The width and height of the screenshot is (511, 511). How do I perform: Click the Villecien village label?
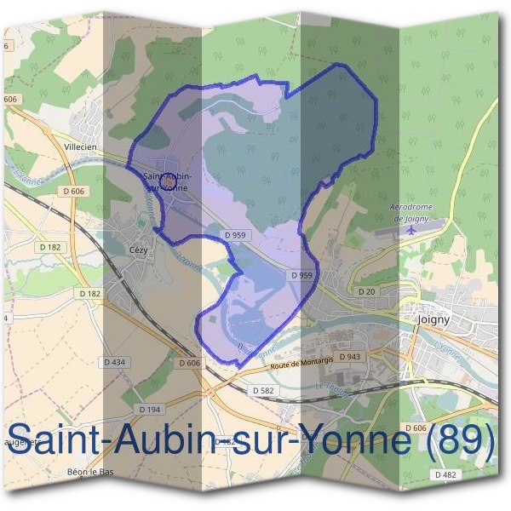[x=83, y=147]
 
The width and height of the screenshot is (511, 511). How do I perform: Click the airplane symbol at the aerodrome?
[x=414, y=228]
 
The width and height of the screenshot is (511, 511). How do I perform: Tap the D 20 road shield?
[x=366, y=291]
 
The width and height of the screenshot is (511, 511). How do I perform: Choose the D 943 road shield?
[x=347, y=357]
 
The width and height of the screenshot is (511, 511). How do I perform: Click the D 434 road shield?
[x=113, y=362]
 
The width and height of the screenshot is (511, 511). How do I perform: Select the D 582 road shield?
[x=262, y=389]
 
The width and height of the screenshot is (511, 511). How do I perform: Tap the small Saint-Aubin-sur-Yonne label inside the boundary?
[x=167, y=181]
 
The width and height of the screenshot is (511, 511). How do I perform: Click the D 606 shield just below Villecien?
[x=74, y=192]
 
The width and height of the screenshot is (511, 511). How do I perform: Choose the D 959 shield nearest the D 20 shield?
[x=301, y=275]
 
